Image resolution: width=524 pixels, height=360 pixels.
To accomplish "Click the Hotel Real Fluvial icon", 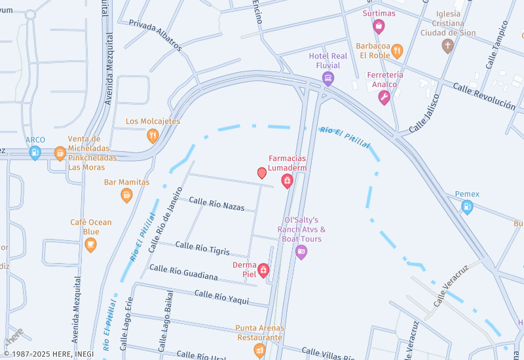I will (328, 79).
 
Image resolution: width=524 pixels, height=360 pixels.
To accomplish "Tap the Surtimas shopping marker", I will (379, 26).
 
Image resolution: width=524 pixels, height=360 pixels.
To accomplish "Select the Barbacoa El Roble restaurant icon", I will (397, 51).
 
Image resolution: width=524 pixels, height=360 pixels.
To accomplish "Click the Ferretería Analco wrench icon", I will (384, 98).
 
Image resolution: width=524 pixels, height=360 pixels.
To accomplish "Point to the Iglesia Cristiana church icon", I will (447, 46).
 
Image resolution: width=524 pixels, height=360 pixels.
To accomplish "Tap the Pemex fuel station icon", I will (467, 207).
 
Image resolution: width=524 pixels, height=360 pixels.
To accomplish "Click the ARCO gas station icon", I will (35, 153).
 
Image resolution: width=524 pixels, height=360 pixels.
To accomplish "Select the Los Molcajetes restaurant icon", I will (153, 135).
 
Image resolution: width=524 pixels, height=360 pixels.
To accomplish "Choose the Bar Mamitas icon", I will (126, 195).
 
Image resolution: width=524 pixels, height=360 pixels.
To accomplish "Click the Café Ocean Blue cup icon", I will (90, 245).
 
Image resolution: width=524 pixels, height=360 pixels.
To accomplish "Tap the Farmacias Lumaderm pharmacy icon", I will (287, 181).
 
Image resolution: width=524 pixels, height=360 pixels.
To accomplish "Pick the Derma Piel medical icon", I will (263, 270).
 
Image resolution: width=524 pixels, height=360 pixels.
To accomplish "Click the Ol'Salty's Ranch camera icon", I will (301, 251).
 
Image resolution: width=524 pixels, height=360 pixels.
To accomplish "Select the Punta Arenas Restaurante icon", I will (260, 351).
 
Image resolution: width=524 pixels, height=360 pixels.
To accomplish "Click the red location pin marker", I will (262, 173).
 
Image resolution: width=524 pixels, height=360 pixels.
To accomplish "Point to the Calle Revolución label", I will (484, 96).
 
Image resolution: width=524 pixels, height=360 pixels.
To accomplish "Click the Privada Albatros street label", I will (155, 35).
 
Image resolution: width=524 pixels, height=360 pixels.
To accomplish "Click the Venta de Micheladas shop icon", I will (60, 153).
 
